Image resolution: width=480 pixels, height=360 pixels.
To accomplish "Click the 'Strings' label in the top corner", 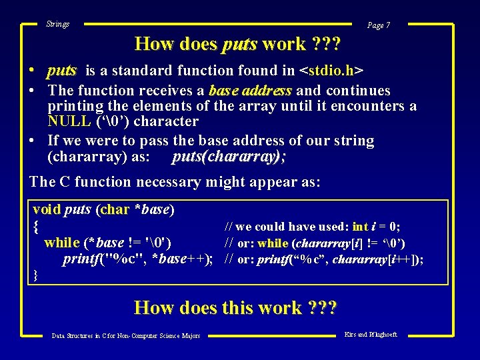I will click(x=57, y=24).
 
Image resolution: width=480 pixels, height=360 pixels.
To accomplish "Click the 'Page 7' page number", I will click(x=379, y=25).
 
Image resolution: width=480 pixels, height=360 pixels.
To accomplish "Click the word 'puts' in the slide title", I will click(x=239, y=44).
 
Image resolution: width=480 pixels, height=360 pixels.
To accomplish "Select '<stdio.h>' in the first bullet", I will click(x=331, y=71).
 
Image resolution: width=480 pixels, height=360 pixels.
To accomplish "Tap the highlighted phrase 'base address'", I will click(x=250, y=91).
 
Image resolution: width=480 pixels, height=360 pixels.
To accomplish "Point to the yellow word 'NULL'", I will click(x=69, y=121).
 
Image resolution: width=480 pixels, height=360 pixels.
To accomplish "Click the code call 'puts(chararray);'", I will click(x=226, y=157).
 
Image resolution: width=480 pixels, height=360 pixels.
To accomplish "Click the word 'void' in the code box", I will click(x=47, y=209).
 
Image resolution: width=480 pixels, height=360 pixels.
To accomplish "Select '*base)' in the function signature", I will click(x=154, y=209).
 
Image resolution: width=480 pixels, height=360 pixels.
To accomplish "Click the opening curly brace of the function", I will click(x=36, y=227).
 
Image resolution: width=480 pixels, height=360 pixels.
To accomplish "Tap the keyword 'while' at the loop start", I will click(x=62, y=243).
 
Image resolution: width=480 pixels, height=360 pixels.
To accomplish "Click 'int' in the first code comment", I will click(x=360, y=227).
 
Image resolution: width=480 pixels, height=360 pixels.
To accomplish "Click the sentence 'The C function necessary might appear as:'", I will click(x=175, y=181).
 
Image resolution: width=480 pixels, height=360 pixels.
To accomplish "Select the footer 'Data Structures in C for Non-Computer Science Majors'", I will click(x=126, y=336).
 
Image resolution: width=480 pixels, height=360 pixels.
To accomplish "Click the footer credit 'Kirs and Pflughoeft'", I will click(x=371, y=334).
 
